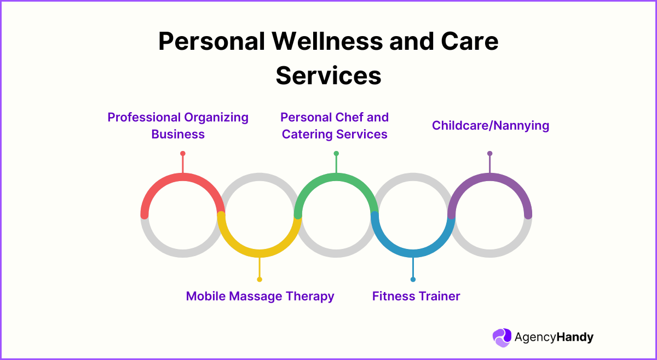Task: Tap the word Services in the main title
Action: click(x=328, y=76)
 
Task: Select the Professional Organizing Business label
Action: click(x=178, y=126)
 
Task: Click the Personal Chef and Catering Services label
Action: click(x=335, y=126)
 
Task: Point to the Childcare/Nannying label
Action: click(x=490, y=125)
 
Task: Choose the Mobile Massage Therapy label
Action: click(x=260, y=296)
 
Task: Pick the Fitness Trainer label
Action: click(x=416, y=296)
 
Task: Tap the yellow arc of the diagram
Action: click(x=260, y=253)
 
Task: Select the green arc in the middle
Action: click(x=336, y=177)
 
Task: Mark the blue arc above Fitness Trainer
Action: click(x=413, y=253)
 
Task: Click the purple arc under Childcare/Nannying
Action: click(x=489, y=177)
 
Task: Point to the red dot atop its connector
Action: click(x=182, y=154)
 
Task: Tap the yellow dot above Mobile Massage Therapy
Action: click(x=260, y=279)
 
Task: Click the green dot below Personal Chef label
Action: click(x=336, y=154)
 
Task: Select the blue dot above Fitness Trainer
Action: click(x=413, y=279)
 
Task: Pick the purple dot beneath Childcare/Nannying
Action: click(x=489, y=154)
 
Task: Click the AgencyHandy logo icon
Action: click(x=501, y=338)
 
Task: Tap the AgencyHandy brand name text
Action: click(x=554, y=338)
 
